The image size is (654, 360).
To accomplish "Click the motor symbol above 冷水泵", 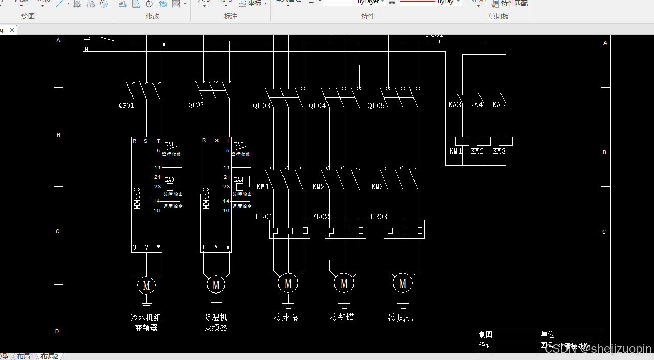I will pyautogui.click(x=288, y=283).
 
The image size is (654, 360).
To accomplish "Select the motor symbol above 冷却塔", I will pyautogui.click(x=344, y=283).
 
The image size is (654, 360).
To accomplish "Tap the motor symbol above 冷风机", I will pyautogui.click(x=403, y=283).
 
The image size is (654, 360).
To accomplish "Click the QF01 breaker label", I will pyautogui.click(x=126, y=106).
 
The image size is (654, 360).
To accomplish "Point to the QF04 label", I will pyautogui.click(x=317, y=106).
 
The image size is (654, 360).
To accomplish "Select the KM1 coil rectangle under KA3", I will pyautogui.click(x=462, y=141).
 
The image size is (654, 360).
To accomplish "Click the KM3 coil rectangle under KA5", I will pyautogui.click(x=506, y=141).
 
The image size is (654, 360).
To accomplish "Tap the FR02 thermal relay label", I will pyautogui.click(x=320, y=217).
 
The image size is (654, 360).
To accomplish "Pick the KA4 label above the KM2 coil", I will pyautogui.click(x=476, y=105).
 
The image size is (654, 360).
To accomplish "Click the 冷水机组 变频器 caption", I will pyautogui.click(x=146, y=323).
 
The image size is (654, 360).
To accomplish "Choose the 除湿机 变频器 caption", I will pyautogui.click(x=215, y=323).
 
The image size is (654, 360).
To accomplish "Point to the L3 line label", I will pyautogui.click(x=87, y=38).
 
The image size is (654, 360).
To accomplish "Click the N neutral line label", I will pyautogui.click(x=86, y=49).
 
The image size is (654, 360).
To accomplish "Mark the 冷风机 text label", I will pyautogui.click(x=401, y=318).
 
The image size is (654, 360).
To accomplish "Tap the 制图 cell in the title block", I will pyautogui.click(x=486, y=334).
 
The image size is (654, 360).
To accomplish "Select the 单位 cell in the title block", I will pyautogui.click(x=548, y=334).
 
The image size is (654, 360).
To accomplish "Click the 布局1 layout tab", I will pyautogui.click(x=25, y=356).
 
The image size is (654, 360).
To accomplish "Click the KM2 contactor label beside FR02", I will pyautogui.click(x=318, y=187).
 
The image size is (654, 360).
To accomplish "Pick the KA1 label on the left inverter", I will pyautogui.click(x=169, y=144).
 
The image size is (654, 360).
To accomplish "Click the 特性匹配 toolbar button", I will pyautogui.click(x=510, y=4).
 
